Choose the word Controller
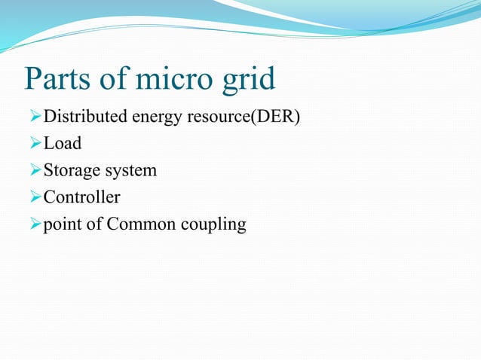pos(81,197)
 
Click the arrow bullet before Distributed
pos(33,117)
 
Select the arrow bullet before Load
pos(33,144)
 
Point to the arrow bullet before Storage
pos(33,171)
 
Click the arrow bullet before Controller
pos(33,197)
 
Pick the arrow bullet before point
pos(33,224)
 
